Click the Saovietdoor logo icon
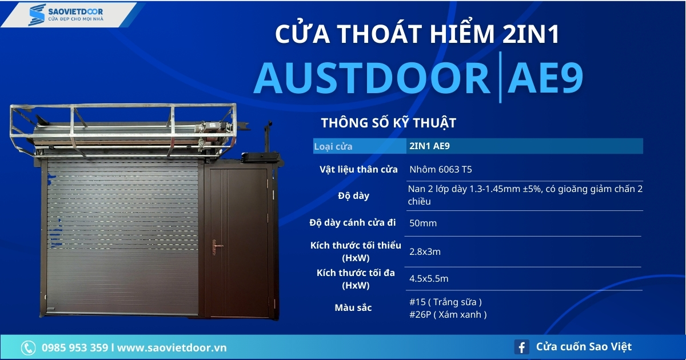point(37,15)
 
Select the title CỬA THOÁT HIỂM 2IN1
point(417,35)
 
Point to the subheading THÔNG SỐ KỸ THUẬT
point(388,123)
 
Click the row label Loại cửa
point(333,146)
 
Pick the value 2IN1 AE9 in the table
point(429,146)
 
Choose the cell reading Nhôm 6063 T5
point(441,169)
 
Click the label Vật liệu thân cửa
point(358,169)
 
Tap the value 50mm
point(423,223)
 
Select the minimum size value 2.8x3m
point(425,251)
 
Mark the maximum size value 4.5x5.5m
point(429,279)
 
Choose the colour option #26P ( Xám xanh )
point(448,314)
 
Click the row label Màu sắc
point(353,308)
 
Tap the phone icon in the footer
point(28,347)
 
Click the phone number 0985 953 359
point(75,347)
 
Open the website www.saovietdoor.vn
point(172,347)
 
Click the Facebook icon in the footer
point(521,347)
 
